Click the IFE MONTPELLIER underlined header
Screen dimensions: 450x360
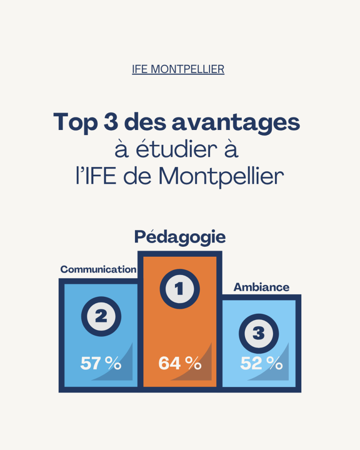178,69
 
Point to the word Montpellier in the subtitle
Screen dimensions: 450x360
221,177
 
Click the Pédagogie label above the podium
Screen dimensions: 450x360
180,237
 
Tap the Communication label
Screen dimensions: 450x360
98,270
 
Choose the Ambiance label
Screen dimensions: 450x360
261,287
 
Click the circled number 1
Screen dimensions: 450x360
180,289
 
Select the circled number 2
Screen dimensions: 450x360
101,317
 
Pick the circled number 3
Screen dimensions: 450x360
258,333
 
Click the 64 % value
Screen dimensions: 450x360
180,364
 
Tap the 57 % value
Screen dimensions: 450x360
100,364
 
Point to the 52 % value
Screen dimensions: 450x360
261,364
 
